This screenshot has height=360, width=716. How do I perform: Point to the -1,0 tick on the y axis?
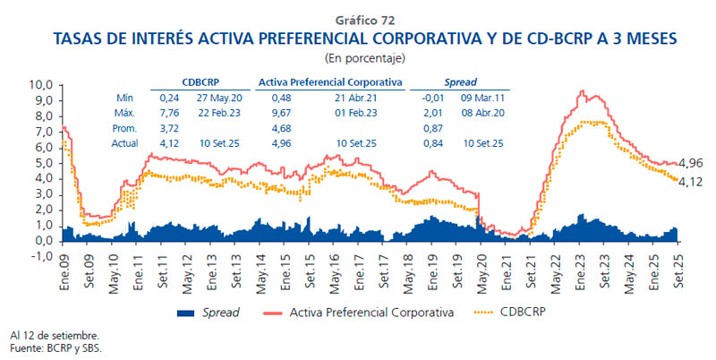click(42, 256)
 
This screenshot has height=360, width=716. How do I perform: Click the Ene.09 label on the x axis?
click(64, 275)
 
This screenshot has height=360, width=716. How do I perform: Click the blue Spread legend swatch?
click(185, 313)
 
